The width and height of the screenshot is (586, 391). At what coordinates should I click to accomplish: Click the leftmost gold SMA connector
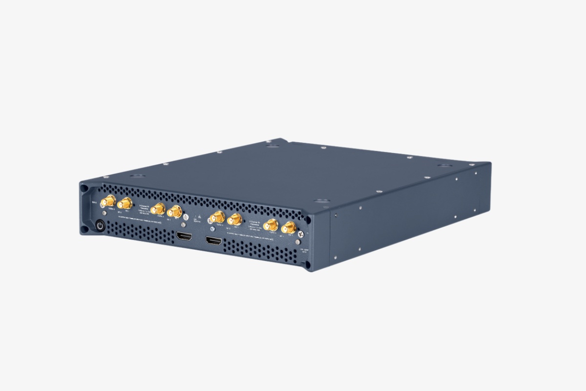(x=108, y=201)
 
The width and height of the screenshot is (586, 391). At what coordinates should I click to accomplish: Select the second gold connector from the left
(x=125, y=204)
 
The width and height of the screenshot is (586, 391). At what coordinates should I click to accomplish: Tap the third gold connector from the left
(x=157, y=209)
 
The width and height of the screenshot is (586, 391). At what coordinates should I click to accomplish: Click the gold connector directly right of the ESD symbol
(x=217, y=217)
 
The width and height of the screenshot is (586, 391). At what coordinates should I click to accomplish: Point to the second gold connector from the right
(x=271, y=225)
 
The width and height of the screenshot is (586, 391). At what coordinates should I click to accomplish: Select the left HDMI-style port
(x=184, y=237)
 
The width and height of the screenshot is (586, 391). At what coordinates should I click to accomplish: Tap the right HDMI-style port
(x=213, y=241)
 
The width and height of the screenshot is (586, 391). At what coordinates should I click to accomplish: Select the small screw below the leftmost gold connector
(x=105, y=213)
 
